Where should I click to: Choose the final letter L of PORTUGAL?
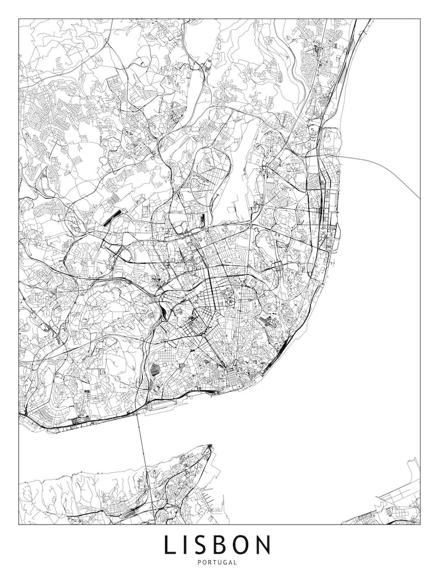click(235, 563)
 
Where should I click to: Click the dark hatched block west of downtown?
click(155, 370)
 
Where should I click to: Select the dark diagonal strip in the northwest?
click(112, 216)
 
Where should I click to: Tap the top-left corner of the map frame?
click(19, 19)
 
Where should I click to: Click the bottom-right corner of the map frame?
click(420, 524)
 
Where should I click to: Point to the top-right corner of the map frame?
click(420, 19)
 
